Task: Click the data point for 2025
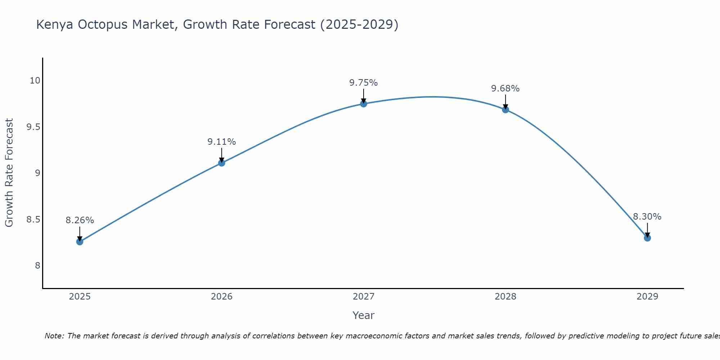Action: tap(80, 242)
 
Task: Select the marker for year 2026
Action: tap(221, 163)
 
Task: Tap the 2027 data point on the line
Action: tap(364, 104)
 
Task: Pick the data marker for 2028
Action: tap(505, 110)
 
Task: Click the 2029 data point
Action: tap(647, 238)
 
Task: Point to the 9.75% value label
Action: tap(364, 83)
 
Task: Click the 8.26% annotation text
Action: tap(80, 220)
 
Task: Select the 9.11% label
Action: tap(221, 142)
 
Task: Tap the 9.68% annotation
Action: tap(505, 89)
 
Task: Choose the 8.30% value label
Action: tap(647, 217)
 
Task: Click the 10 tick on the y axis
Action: tap(35, 81)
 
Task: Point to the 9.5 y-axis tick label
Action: tap(33, 127)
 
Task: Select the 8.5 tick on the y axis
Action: tap(33, 220)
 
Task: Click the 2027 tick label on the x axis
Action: tap(364, 297)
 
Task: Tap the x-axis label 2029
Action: tap(647, 297)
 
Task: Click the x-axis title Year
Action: tap(364, 315)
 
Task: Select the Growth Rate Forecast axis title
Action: tap(9, 173)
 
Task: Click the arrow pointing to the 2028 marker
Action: tap(505, 102)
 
